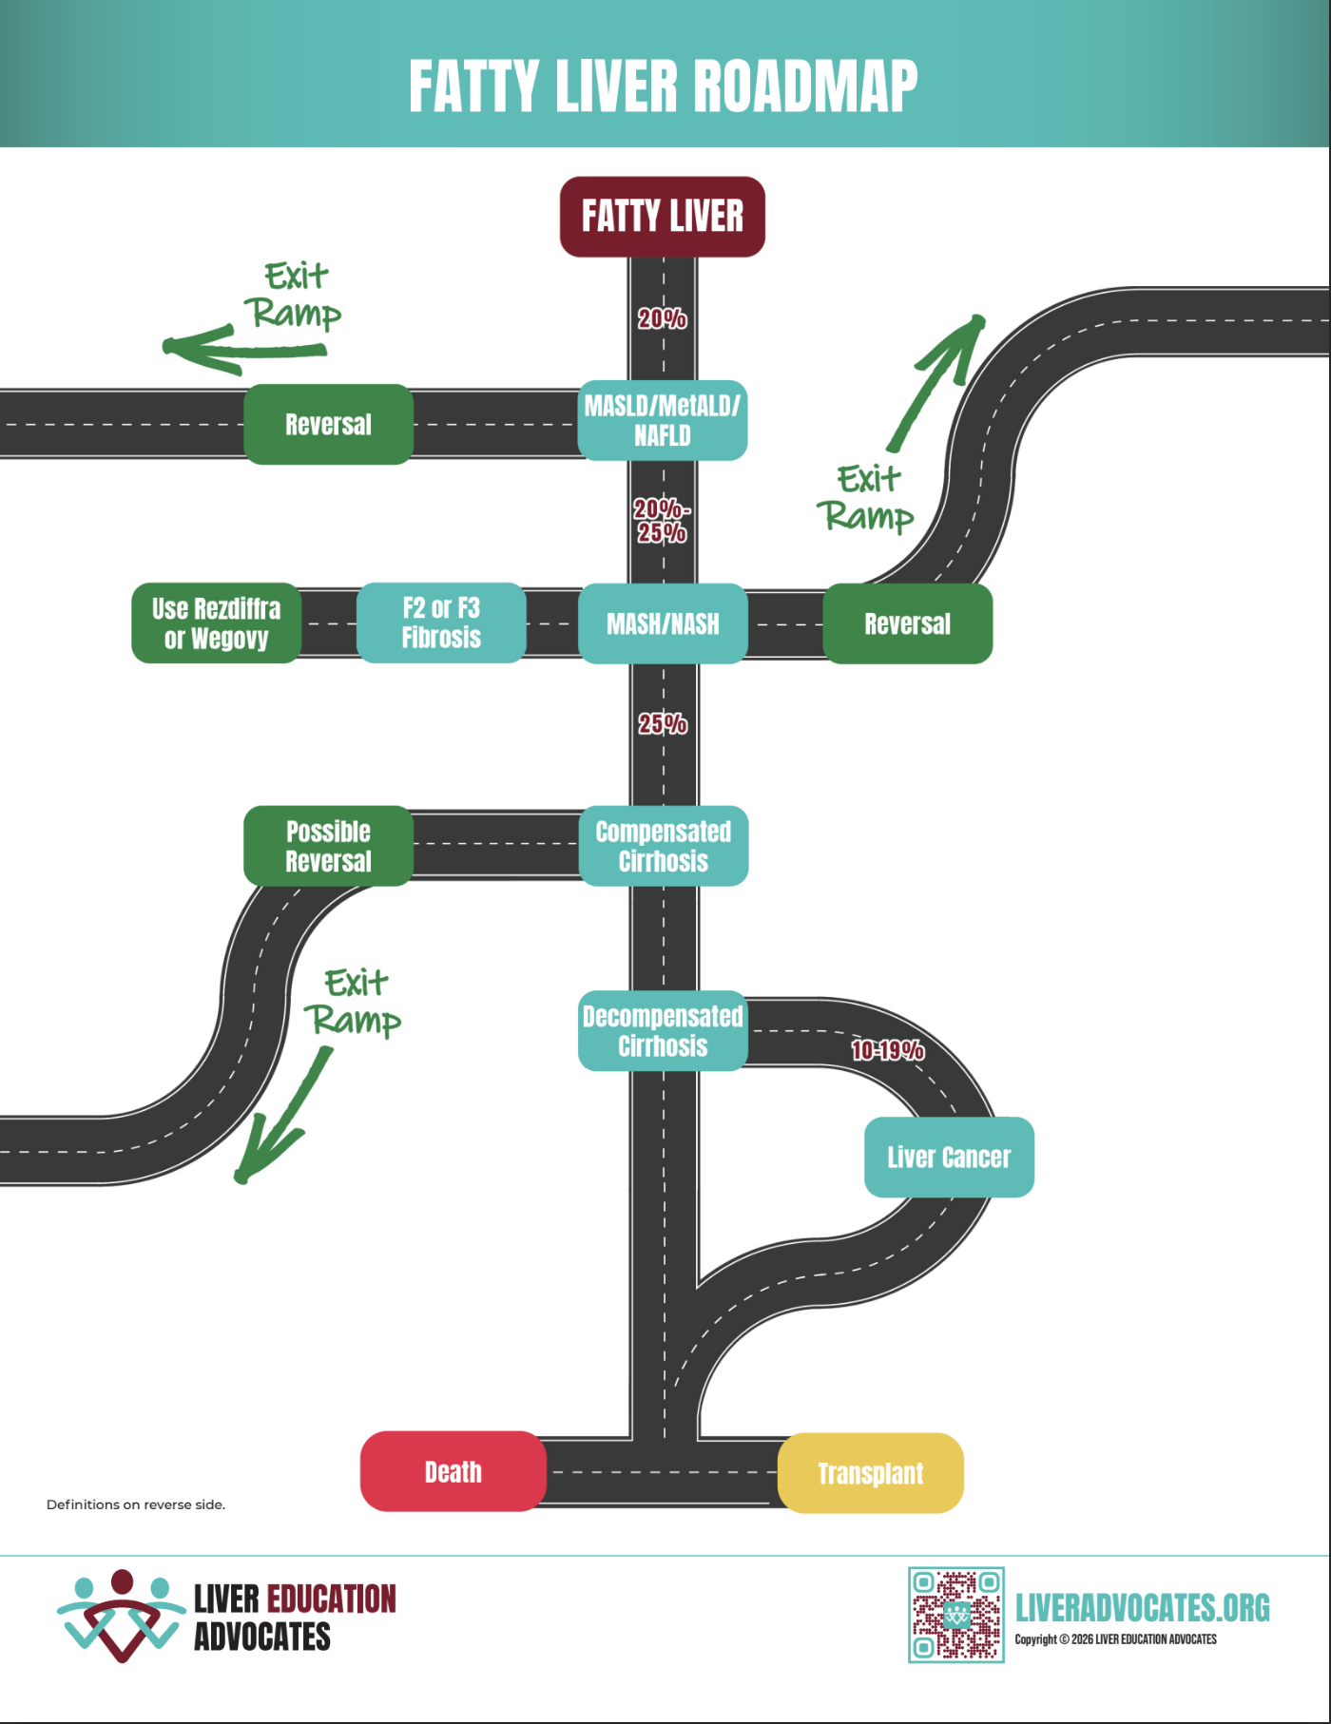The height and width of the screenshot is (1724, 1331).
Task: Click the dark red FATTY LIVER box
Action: pos(662,217)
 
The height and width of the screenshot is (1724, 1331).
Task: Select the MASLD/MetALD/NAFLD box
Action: pos(662,421)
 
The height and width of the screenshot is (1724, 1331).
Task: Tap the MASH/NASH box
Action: pos(662,623)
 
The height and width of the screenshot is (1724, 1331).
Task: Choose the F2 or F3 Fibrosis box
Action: pos(441,623)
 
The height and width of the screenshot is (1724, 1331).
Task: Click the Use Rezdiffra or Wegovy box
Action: pos(216,623)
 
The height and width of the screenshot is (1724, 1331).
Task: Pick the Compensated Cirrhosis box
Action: pos(663,846)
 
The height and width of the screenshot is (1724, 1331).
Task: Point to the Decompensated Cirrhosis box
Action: pos(662,1031)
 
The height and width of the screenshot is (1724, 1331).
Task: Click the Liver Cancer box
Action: pos(948,1157)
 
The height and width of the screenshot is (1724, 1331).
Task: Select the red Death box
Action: pos(453,1471)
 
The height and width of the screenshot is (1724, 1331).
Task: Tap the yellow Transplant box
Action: pos(870,1473)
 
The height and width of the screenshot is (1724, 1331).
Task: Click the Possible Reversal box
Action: pos(328,846)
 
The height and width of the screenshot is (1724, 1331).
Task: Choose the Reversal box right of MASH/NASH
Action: pos(907,623)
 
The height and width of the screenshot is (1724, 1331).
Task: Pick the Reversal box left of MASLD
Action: pos(328,424)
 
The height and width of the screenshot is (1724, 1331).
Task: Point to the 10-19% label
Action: pos(887,1050)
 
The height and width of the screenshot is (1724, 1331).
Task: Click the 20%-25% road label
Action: pos(662,521)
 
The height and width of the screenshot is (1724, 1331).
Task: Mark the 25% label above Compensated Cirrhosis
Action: pos(662,724)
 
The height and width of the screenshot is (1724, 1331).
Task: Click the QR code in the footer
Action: pos(955,1614)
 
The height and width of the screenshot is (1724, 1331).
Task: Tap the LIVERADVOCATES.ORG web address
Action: pos(1142,1608)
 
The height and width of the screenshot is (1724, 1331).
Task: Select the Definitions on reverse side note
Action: pos(136,1504)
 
